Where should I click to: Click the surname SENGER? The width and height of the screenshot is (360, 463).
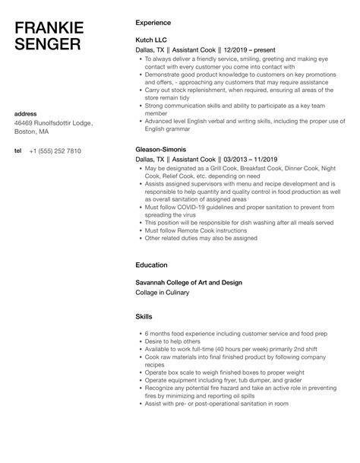47,44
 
